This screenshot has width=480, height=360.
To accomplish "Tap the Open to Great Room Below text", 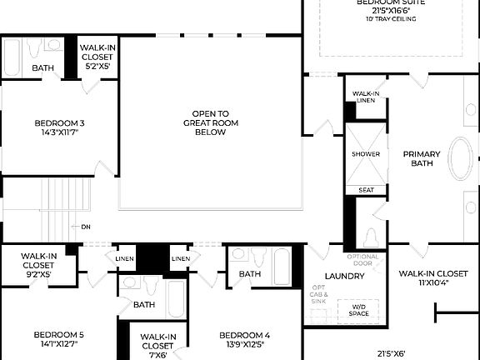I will pyautogui.click(x=211, y=122).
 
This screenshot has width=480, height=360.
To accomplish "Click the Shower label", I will pyautogui.click(x=365, y=154).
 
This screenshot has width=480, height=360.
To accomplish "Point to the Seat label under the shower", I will pyautogui.click(x=366, y=190).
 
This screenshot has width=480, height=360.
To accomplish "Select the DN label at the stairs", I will pyautogui.click(x=86, y=227).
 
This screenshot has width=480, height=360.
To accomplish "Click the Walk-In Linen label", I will pyautogui.click(x=366, y=97).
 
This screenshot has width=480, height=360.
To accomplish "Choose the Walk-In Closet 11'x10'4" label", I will pyautogui.click(x=432, y=277).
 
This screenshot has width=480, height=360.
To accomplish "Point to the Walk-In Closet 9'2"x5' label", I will pyautogui.click(x=39, y=264).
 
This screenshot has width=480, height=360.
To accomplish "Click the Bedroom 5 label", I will pyautogui.click(x=58, y=339).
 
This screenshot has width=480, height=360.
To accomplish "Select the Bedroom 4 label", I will pyautogui.click(x=246, y=339).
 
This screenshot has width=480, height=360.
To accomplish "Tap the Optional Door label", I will pyautogui.click(x=362, y=259).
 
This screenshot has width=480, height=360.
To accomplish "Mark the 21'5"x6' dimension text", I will pyautogui.click(x=391, y=353).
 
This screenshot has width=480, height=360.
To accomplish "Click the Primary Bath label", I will pyautogui.click(x=421, y=158).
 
